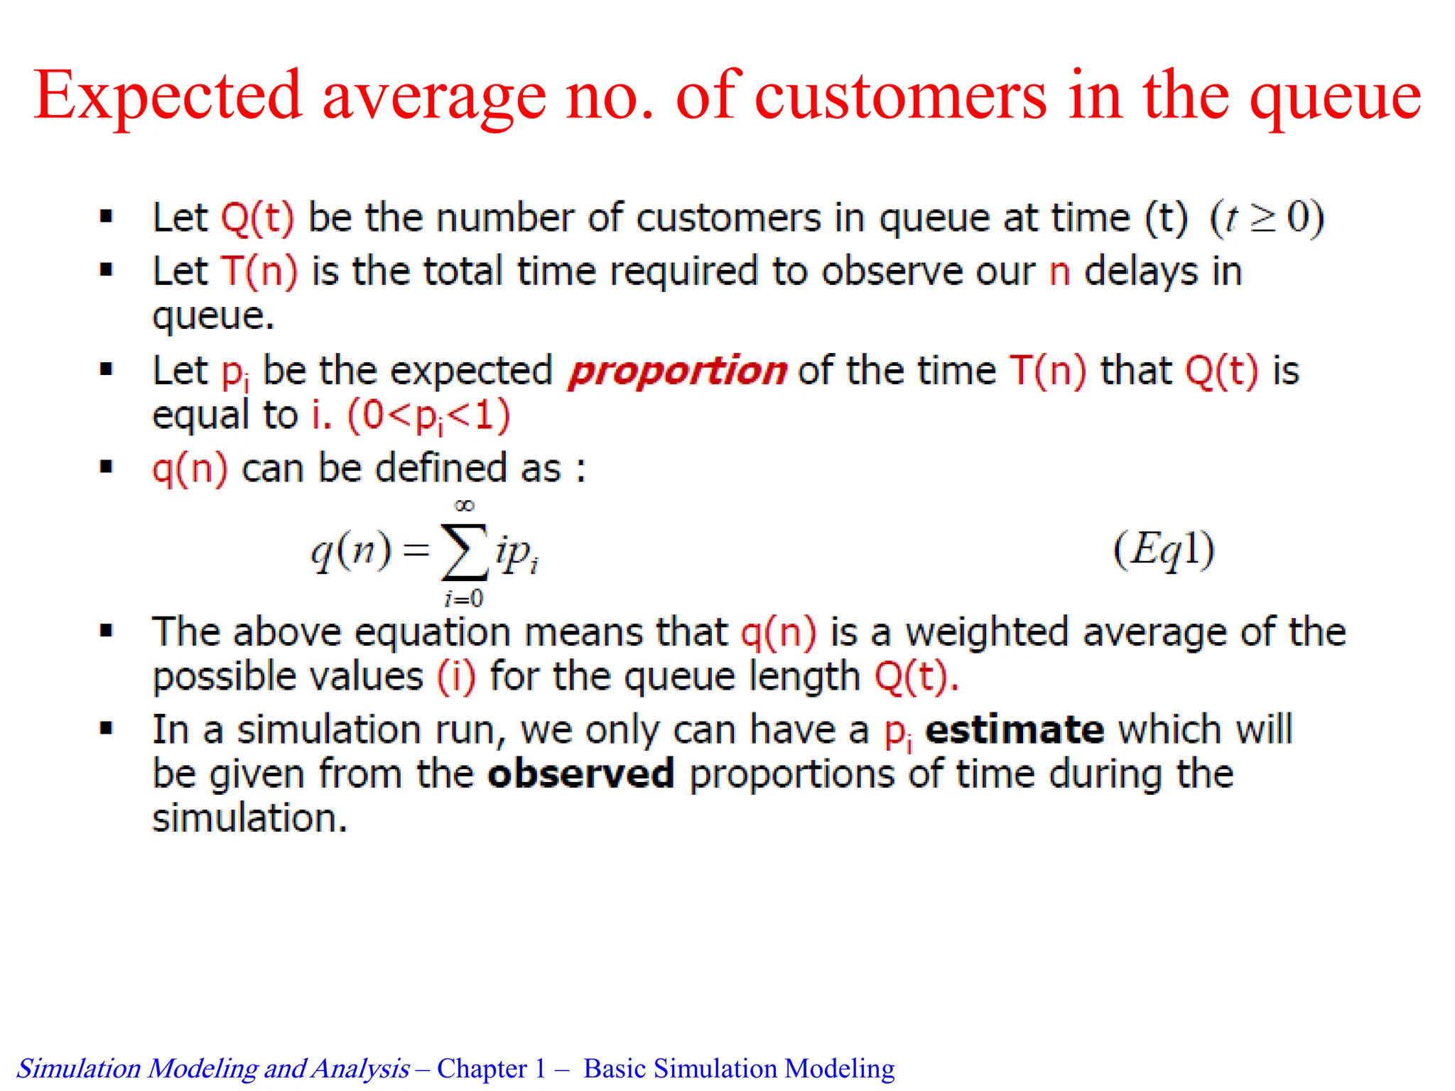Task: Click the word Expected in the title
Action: coord(168,96)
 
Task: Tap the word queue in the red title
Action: coord(1335,99)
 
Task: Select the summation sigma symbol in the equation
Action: coord(465,553)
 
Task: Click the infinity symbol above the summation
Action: coord(464,506)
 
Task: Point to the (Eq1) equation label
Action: coord(1164,550)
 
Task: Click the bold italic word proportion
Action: coord(677,371)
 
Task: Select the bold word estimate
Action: coord(1015,730)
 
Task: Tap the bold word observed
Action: coord(580,774)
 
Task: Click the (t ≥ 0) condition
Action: coord(1267,217)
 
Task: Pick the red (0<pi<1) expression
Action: coord(428,416)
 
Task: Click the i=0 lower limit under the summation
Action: coord(464,599)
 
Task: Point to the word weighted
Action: coord(988,632)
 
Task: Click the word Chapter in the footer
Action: coord(482,1068)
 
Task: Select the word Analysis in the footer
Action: coord(360,1068)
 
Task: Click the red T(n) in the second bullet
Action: coord(259,271)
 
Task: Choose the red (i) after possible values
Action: coord(455,676)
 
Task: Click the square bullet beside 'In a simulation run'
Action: coord(107,728)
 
